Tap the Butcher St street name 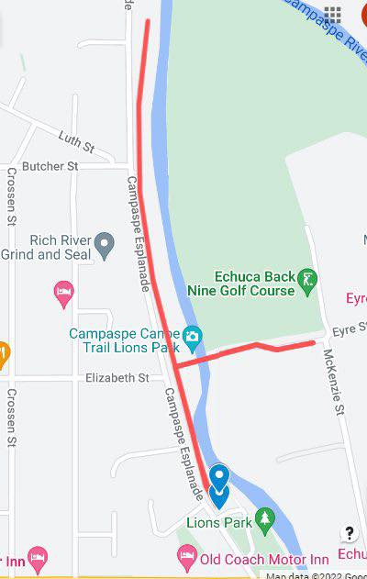point(50,166)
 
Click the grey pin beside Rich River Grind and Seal point(106,244)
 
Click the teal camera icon point(192,337)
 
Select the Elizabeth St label point(117,377)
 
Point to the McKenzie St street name point(331,384)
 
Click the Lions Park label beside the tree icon point(218,521)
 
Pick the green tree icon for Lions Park point(265,519)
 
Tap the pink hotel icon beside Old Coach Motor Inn point(186,555)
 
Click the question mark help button point(349,532)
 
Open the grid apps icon point(332,14)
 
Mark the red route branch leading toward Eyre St point(248,350)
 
